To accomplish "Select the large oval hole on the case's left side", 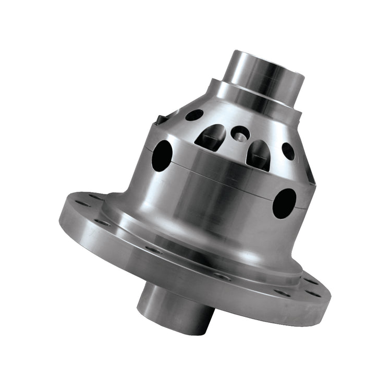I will click(162, 155).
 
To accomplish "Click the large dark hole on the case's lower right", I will click(284, 203).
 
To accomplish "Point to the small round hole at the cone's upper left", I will click(194, 115).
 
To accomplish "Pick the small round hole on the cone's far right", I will click(288, 151).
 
